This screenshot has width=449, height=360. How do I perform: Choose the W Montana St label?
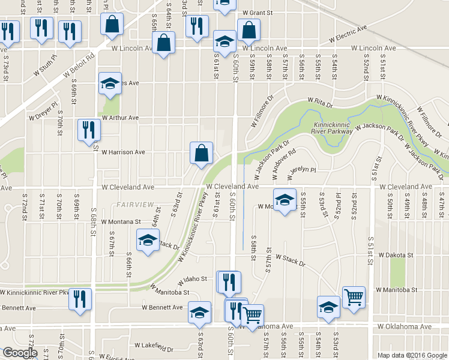[x=121, y=221]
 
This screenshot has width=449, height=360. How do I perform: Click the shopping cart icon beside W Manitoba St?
[x=354, y=297]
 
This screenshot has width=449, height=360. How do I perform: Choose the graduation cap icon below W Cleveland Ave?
[x=285, y=199]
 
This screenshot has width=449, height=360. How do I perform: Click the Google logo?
[x=20, y=353]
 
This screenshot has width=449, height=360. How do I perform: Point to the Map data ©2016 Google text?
[x=412, y=355]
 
